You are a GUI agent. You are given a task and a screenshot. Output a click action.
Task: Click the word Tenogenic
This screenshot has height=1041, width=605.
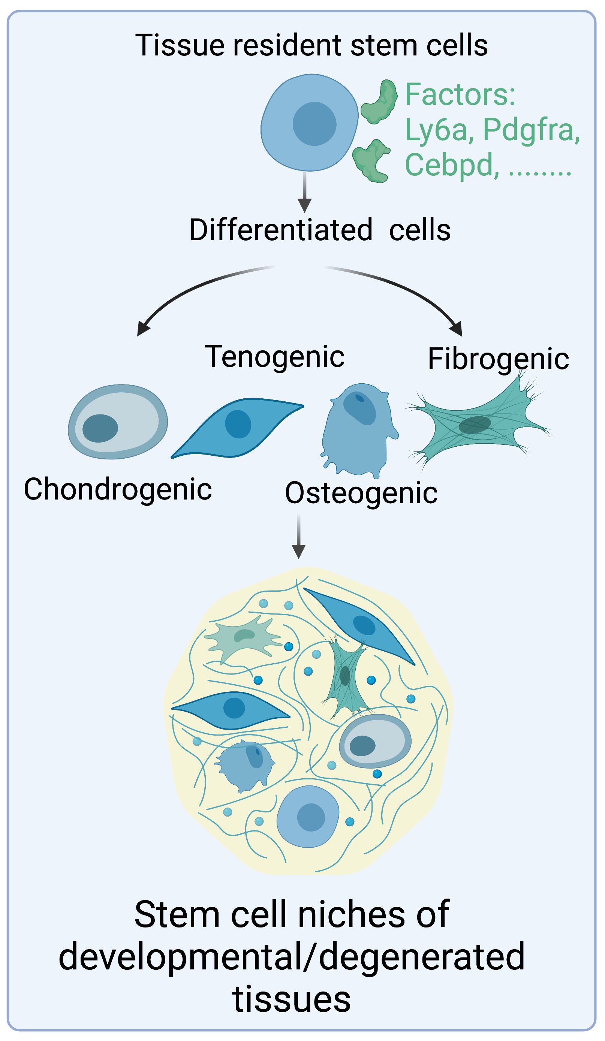(x=274, y=356)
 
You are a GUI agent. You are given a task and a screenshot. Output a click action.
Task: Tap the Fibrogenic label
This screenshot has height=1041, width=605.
(x=498, y=359)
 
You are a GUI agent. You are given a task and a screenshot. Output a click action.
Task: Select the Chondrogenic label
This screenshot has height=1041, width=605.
(x=118, y=489)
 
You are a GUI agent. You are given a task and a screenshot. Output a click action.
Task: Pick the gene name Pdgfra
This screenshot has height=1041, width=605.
(x=531, y=130)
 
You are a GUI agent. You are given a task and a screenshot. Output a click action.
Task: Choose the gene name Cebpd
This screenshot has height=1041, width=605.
(x=451, y=165)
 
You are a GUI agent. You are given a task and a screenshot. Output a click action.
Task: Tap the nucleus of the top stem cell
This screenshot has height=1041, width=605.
(x=314, y=124)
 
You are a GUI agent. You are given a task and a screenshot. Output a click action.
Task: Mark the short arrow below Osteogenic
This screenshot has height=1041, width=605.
(x=298, y=537)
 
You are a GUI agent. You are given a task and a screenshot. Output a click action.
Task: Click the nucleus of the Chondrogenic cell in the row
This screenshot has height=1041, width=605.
(x=100, y=428)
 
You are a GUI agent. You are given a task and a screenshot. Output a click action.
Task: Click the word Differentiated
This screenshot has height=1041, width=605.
(x=281, y=230)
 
